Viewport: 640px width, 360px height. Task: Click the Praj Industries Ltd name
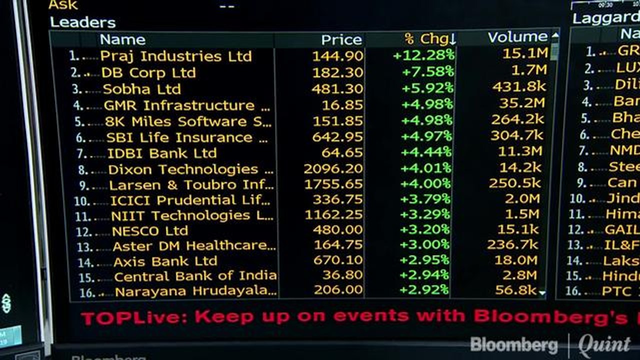[175, 56]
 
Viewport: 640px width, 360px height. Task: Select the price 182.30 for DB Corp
[337, 72]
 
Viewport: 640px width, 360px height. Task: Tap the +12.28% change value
[423, 55]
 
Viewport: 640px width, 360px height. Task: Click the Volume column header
[517, 37]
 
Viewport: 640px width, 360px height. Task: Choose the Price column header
[341, 39]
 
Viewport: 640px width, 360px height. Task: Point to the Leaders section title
[82, 22]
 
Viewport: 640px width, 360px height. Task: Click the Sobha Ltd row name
[141, 89]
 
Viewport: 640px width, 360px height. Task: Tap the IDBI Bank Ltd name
[161, 153]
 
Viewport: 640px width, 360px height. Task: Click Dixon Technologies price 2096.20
[333, 169]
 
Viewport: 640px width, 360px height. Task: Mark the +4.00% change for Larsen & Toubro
[425, 184]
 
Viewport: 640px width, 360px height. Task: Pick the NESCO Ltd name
[149, 231]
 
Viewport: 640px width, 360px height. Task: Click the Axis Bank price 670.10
[338, 260]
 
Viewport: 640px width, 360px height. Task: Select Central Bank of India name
[195, 276]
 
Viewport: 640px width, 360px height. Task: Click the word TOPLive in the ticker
[132, 317]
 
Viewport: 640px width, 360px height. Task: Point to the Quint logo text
[604, 345]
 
